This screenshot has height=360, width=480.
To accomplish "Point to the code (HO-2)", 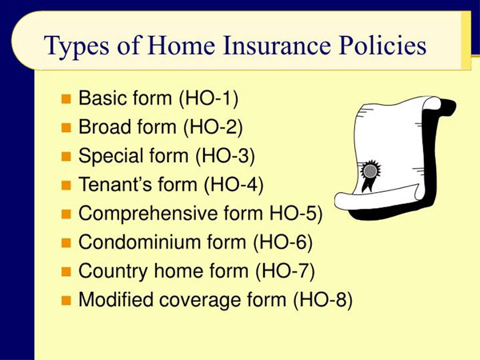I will tap(213, 128).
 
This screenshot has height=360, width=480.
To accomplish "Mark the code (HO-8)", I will tap(322, 301).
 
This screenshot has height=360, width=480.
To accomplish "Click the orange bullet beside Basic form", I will tap(67, 100).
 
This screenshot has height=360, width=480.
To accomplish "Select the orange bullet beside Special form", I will tap(67, 158).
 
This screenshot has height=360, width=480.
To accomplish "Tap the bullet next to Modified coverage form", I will tap(67, 302).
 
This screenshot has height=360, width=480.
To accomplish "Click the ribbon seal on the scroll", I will tap(370, 173).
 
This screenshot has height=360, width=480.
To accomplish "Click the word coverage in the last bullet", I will tap(200, 301).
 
